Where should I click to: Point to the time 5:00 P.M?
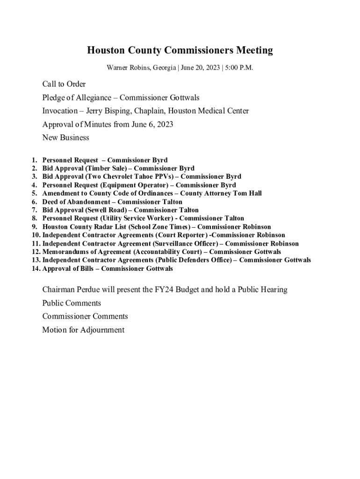(x=238, y=68)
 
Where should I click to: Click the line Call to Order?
(x=64, y=84)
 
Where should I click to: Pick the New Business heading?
(x=65, y=138)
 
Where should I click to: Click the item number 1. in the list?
(x=35, y=160)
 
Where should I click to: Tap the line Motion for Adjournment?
(x=83, y=330)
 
